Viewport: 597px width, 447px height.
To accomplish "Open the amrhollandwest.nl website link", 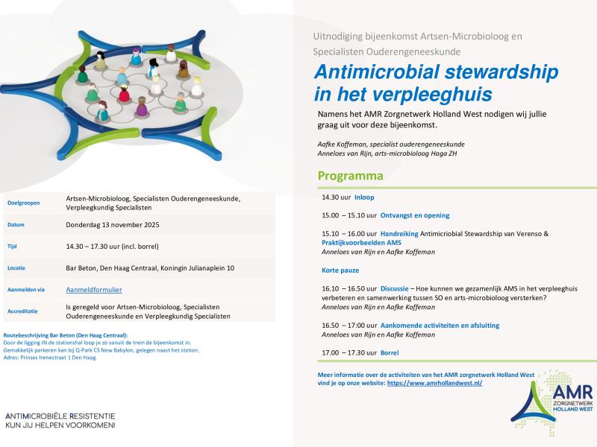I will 434,382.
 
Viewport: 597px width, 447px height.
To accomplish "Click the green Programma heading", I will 350,177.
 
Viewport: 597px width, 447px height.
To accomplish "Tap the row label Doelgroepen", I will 23,203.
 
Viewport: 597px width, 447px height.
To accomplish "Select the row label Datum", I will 16,224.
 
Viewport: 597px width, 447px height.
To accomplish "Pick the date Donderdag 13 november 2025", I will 112,224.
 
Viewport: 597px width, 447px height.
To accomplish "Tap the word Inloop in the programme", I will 364,197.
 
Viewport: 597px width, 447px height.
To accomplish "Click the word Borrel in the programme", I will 390,352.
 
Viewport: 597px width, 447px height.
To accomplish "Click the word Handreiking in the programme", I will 399,233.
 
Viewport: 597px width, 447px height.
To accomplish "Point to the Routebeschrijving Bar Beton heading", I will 66,335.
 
